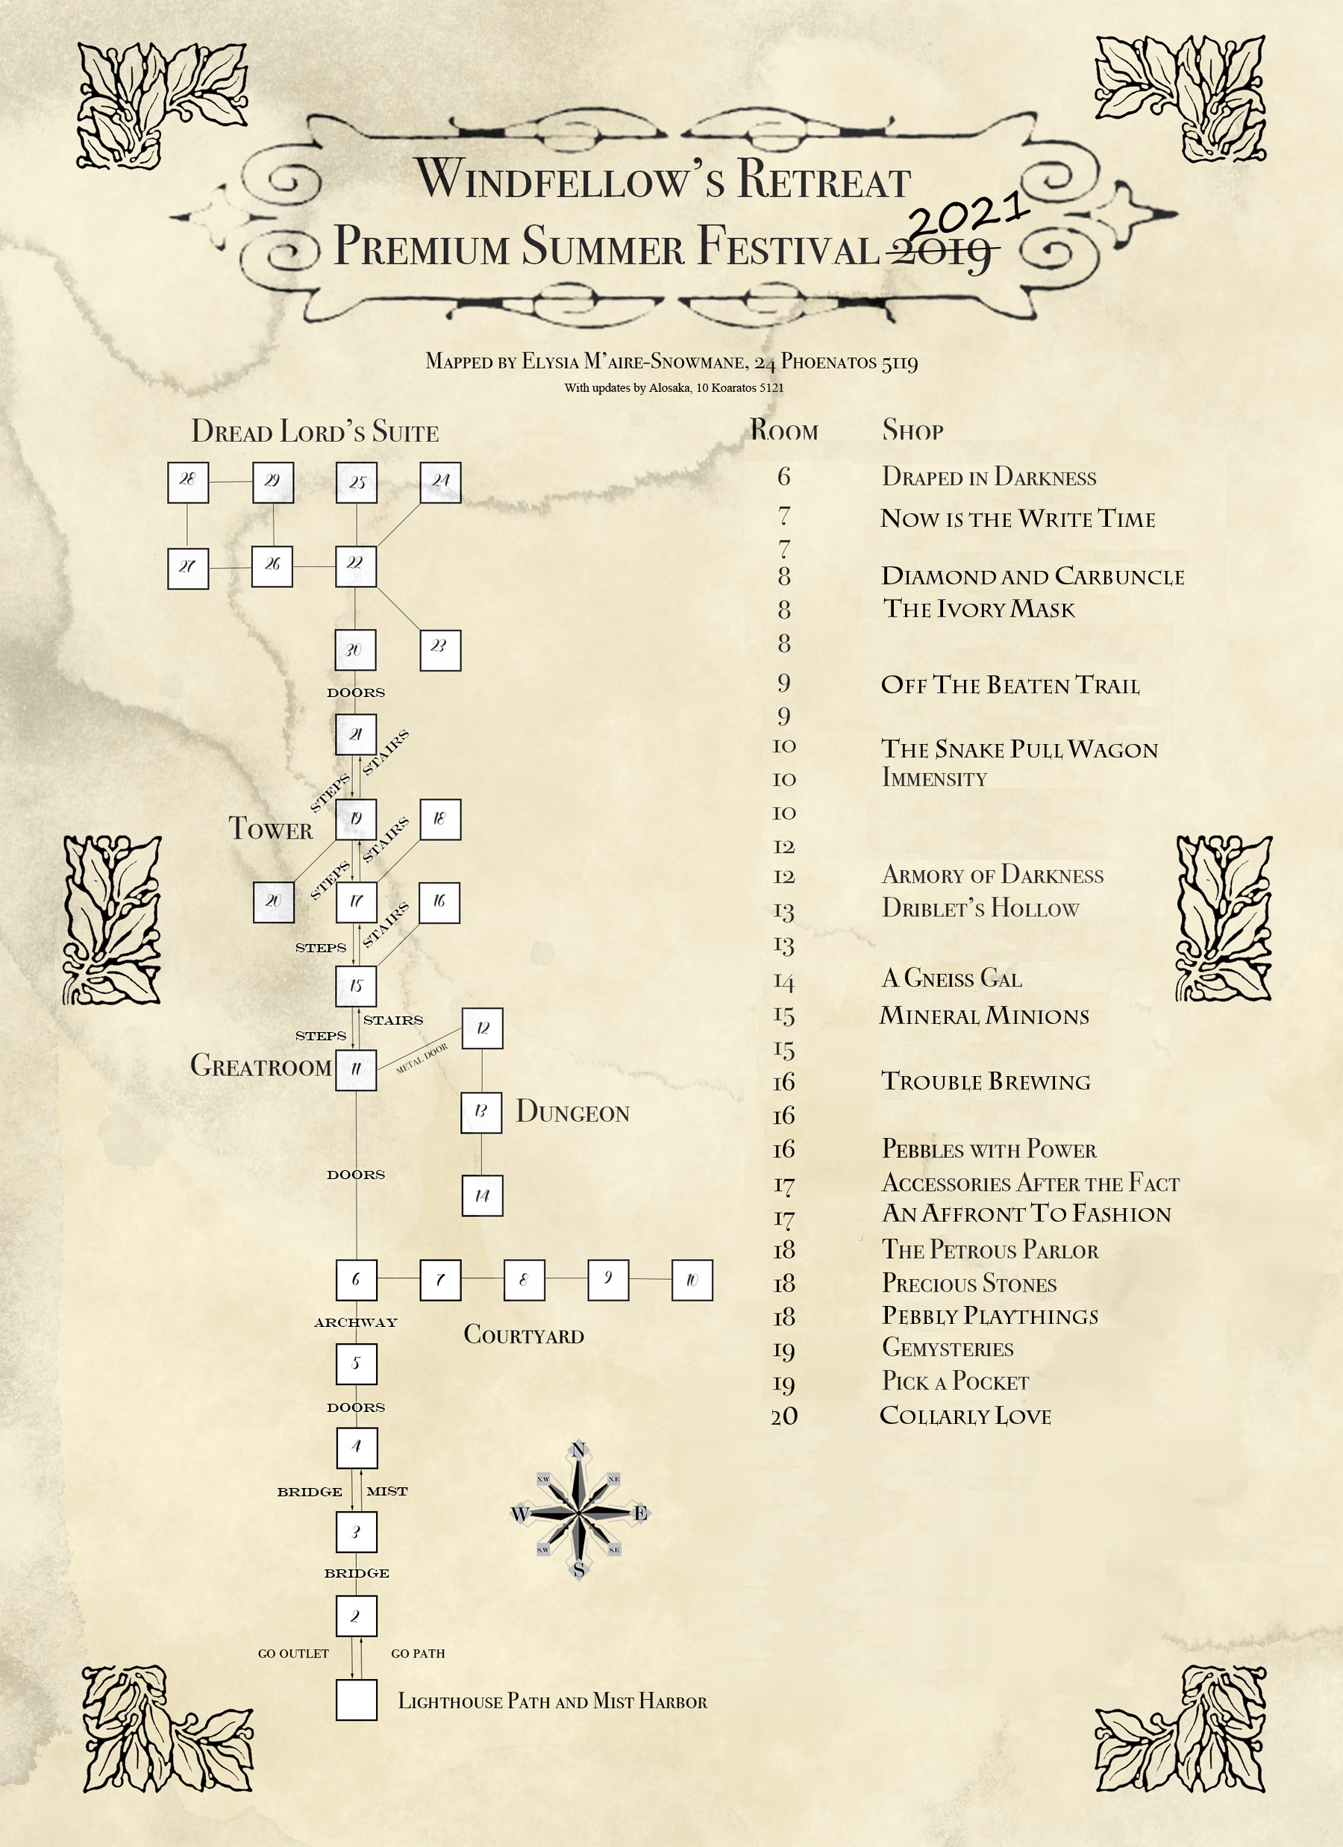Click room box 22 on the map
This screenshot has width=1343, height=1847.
[x=356, y=566]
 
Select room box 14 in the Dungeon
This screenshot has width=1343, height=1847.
[x=482, y=1196]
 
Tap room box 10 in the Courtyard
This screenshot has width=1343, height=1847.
[x=692, y=1279]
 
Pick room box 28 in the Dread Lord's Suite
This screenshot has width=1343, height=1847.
[x=187, y=482]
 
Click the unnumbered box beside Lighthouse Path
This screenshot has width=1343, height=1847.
[x=356, y=1699]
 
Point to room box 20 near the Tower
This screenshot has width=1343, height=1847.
[x=273, y=902]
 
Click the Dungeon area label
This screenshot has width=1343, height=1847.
[x=572, y=1112]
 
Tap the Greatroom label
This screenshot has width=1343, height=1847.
[x=260, y=1065]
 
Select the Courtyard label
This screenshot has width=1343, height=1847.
[x=524, y=1335]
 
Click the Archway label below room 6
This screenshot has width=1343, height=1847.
[x=356, y=1322]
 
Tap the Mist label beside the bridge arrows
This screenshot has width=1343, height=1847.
[x=386, y=1491]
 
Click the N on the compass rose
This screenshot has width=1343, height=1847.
[x=578, y=1449]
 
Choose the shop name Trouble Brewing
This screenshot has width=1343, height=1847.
[x=986, y=1081]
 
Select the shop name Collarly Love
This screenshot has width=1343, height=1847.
[x=965, y=1416]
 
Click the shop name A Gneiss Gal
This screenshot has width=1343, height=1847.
[x=951, y=978]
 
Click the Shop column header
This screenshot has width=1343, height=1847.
[x=912, y=430]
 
